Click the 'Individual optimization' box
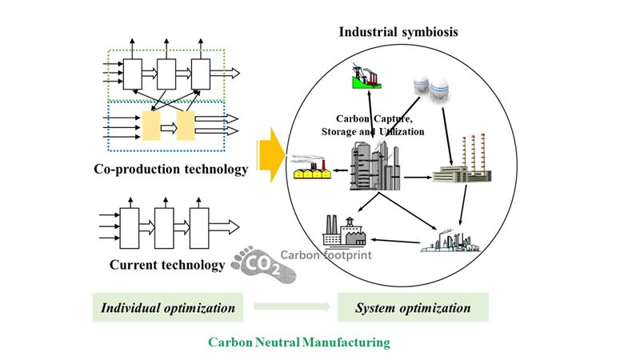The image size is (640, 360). pos(167,307)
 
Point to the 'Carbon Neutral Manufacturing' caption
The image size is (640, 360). pos(298,342)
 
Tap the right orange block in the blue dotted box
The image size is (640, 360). pos(186,125)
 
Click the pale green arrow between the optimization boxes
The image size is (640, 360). pos(291,307)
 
